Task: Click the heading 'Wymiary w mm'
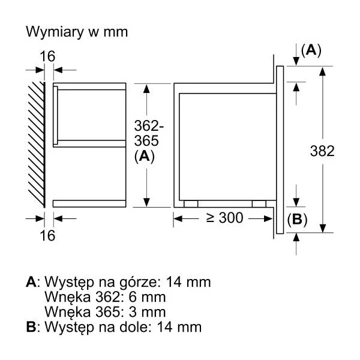(77, 32)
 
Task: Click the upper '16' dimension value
(47, 56)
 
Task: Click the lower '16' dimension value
(47, 236)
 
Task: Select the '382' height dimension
(322, 151)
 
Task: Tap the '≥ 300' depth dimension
(224, 218)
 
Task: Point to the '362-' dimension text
(149, 126)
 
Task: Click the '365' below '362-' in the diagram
(146, 141)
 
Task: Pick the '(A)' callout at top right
(311, 50)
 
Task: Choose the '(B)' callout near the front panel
(297, 220)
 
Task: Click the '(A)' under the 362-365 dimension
(145, 157)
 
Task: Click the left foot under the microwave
(191, 204)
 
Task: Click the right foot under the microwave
(259, 204)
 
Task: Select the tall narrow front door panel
(280, 149)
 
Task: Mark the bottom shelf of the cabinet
(89, 203)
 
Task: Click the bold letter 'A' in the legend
(31, 282)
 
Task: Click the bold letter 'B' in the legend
(31, 327)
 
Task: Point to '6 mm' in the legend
(147, 297)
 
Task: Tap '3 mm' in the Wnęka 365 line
(147, 312)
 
